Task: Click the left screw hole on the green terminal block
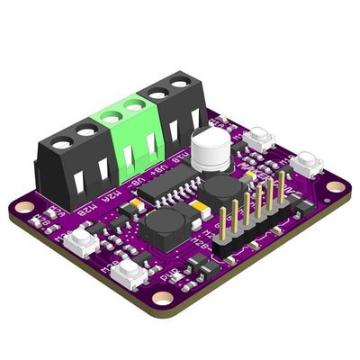pyautogui.click(x=112, y=115)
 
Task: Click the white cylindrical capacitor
pyautogui.click(x=209, y=148)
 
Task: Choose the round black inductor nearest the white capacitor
pyautogui.click(x=221, y=191)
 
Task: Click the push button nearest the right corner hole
pyautogui.click(x=309, y=165)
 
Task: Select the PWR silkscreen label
pyautogui.click(x=166, y=277)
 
